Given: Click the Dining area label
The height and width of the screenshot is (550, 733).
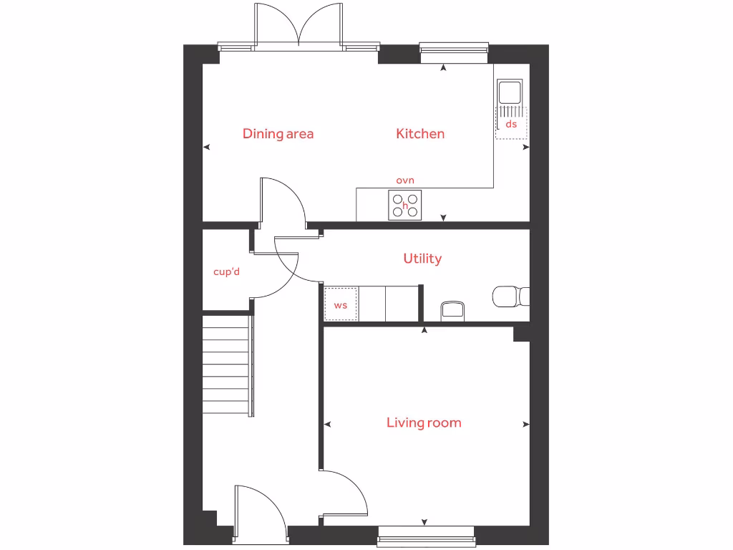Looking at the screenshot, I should (x=278, y=134).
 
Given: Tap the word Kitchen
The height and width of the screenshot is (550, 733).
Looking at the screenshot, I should (x=420, y=134).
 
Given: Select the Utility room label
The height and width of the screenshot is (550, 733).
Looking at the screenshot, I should (x=422, y=259).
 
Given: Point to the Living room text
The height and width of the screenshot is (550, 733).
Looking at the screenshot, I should (x=424, y=423).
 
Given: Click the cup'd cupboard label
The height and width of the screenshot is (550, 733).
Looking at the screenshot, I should (x=226, y=272).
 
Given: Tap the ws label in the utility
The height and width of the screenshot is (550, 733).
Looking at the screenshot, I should (x=341, y=305).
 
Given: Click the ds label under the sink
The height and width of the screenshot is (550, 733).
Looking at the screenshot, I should (x=511, y=124).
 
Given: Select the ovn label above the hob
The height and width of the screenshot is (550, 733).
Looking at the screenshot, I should (x=405, y=180).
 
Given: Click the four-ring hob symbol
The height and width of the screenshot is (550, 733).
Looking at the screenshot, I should (x=405, y=206).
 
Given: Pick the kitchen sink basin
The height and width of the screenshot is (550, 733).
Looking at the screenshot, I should (x=510, y=92).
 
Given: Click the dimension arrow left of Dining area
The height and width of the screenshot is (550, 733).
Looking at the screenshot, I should (x=207, y=148).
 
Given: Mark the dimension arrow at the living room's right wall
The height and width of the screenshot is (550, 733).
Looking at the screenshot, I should (x=526, y=425).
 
